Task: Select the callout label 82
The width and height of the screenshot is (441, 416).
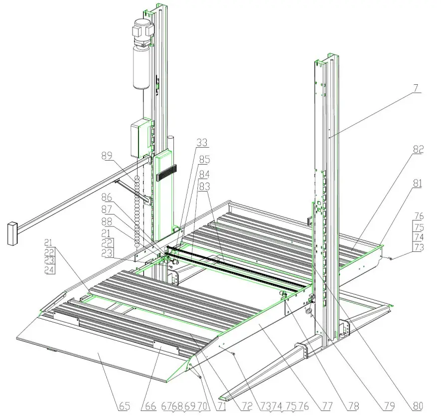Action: point(417,150)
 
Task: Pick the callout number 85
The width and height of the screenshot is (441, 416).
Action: point(204,160)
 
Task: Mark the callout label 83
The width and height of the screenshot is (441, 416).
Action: point(204,186)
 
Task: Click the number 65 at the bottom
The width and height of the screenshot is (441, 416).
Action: point(124,407)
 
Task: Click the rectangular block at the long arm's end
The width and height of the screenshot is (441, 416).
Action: point(12,233)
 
